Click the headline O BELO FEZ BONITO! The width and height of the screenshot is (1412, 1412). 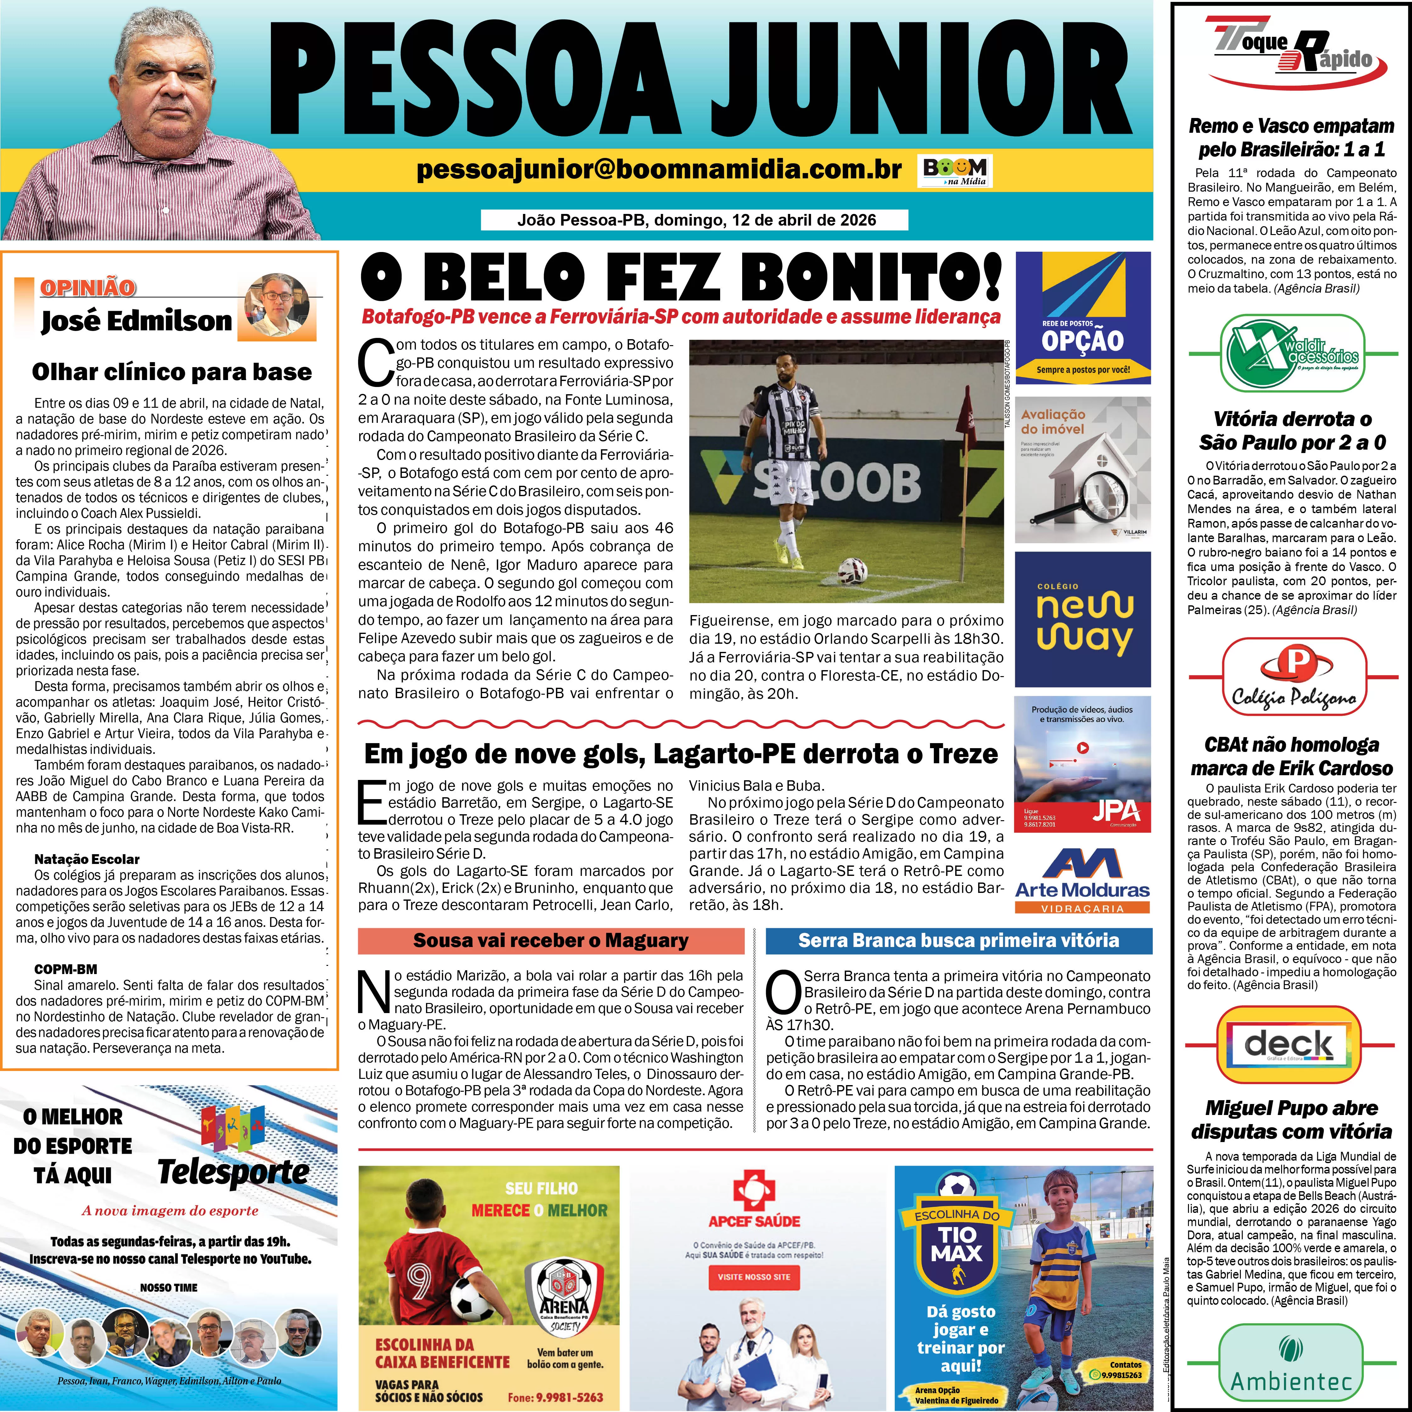[x=680, y=278]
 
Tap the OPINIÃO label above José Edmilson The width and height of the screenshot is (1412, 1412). [x=88, y=287]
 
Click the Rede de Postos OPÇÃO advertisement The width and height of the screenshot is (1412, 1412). [x=1082, y=318]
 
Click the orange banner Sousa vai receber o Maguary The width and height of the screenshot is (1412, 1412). [x=550, y=941]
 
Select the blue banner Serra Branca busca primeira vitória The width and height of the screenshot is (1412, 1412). [x=958, y=941]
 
